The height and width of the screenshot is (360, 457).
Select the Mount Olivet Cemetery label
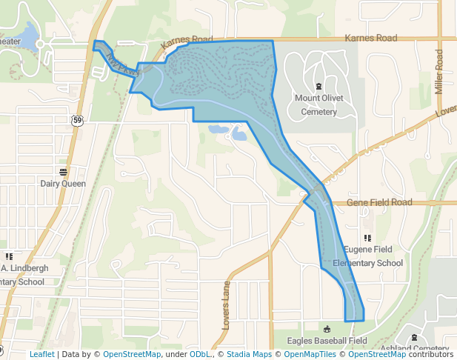click(318, 104)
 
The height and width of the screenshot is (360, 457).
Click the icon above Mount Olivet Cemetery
click(318, 87)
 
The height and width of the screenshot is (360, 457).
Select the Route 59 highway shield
click(77, 120)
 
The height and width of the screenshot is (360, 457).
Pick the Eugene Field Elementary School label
click(368, 256)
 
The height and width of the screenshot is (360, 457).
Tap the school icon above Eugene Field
click(367, 238)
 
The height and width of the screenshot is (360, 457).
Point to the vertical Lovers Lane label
click(227, 305)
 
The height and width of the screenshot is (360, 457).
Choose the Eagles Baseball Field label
click(327, 341)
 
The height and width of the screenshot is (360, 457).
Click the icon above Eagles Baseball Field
click(327, 329)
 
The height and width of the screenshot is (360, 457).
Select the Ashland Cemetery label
click(414, 349)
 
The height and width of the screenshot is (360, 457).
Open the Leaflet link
click(41, 354)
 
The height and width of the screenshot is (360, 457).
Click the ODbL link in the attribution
click(199, 354)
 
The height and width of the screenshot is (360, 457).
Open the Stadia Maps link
click(249, 354)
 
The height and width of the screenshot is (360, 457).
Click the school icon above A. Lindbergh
click(9, 256)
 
